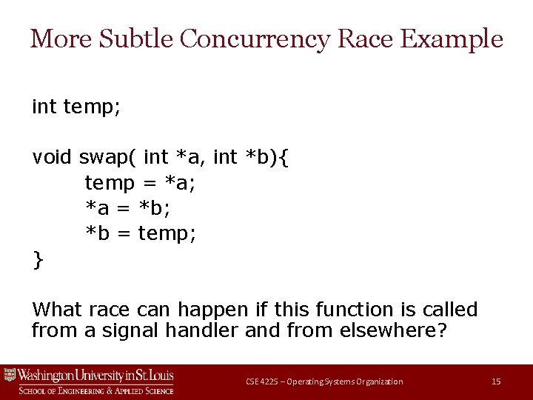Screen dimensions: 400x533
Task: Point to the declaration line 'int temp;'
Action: [x=76, y=107]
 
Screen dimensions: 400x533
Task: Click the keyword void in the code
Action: [x=52, y=157]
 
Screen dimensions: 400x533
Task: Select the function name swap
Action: [x=106, y=158]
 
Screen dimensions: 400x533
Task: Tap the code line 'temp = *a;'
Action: [x=140, y=182]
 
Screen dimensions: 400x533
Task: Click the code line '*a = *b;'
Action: [x=133, y=208]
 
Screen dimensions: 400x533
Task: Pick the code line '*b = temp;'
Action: [x=141, y=234]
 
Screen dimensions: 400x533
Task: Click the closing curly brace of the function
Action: [x=38, y=260]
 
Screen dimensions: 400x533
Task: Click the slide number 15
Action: [x=496, y=381]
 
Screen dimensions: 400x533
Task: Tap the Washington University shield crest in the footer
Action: [x=10, y=376]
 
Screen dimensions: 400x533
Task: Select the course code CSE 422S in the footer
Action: [x=264, y=381]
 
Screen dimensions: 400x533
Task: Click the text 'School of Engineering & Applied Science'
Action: [x=96, y=390]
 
